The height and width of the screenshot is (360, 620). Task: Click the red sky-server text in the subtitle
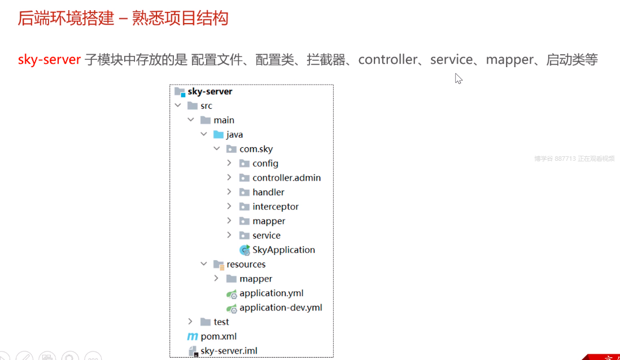click(x=49, y=60)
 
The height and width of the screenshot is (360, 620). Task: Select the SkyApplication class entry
click(x=283, y=250)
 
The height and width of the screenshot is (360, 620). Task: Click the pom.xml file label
click(x=219, y=336)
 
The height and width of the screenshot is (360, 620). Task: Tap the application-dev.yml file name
click(x=281, y=308)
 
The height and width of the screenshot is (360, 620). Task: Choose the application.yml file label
click(x=271, y=293)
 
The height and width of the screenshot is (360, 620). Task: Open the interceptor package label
click(x=276, y=207)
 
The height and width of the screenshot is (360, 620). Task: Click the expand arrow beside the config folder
click(x=229, y=163)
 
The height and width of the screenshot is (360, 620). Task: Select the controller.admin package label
click(x=286, y=178)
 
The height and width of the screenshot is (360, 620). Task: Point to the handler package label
click(x=268, y=192)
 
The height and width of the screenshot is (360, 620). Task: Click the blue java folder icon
click(x=218, y=135)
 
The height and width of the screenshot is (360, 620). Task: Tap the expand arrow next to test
click(x=190, y=322)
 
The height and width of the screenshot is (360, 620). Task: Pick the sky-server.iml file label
click(x=229, y=351)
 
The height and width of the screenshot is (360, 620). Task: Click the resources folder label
click(x=246, y=265)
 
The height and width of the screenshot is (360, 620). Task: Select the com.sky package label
click(x=256, y=149)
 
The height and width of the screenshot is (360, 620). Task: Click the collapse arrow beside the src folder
click(x=178, y=106)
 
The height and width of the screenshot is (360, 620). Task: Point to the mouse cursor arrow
click(x=458, y=78)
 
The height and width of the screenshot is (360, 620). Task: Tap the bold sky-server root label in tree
click(x=209, y=91)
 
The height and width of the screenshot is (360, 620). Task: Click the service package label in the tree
click(x=267, y=235)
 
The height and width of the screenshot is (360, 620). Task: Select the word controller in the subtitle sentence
click(x=388, y=60)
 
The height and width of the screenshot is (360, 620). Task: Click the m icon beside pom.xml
click(x=192, y=336)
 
